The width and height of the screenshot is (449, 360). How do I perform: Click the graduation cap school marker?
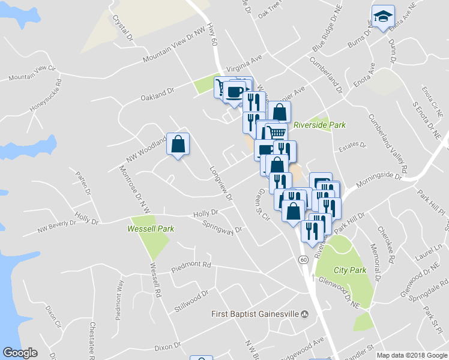pos(383,17)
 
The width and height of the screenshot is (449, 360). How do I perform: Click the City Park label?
pos(350,271)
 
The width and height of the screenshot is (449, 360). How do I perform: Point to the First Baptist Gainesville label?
pos(255,314)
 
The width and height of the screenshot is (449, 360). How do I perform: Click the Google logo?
pos(20,353)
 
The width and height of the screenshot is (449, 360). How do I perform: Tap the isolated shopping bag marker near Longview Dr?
pos(178,144)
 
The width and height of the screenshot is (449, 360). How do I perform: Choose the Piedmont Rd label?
pos(191,265)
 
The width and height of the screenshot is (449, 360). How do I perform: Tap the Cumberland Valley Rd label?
pos(388,143)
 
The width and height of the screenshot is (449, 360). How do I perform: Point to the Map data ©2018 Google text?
pos(412,355)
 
